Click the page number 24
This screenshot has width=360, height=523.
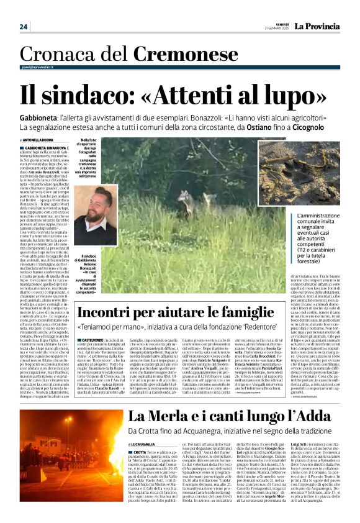click(x=24, y=27)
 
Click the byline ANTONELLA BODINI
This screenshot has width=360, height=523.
click(x=38, y=142)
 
